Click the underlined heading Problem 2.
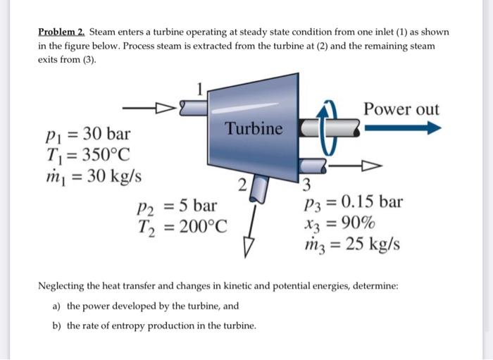(61, 32)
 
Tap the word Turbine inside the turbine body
(254, 129)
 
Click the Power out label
(401, 110)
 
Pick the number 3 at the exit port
(306, 187)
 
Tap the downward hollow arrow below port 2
(246, 243)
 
